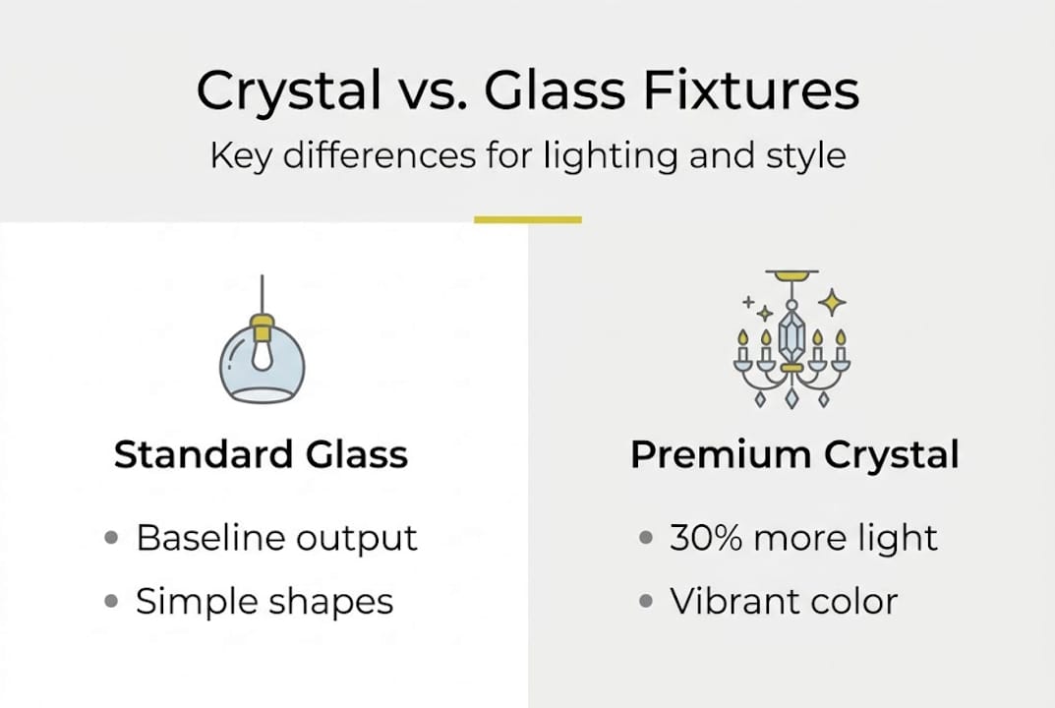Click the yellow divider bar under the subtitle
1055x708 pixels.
tap(528, 219)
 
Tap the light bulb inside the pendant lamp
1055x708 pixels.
tap(262, 355)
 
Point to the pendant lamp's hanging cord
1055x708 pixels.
tap(262, 294)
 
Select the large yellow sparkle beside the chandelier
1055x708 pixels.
tap(832, 302)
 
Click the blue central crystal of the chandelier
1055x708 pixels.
tap(791, 335)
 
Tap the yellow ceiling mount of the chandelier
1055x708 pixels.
tap(792, 274)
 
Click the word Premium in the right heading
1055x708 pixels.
tap(704, 454)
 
